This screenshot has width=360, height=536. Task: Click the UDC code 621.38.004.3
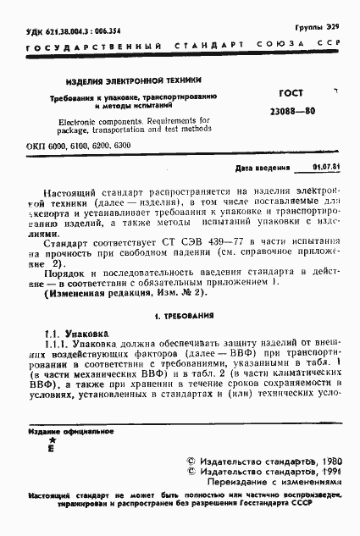click(x=46, y=30)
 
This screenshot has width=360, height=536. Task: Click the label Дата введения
click(x=262, y=168)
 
